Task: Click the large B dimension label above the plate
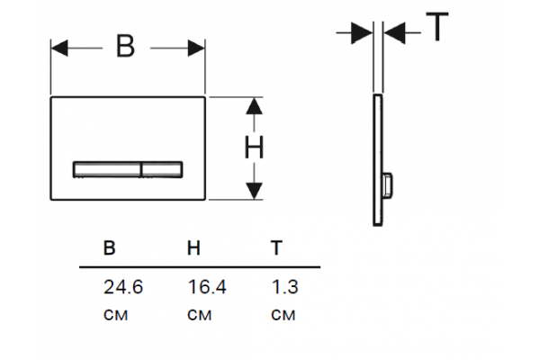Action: pos(125,46)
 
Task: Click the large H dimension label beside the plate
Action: pos(254,148)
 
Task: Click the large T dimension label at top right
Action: pos(437,27)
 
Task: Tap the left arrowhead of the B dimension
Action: pos(59,48)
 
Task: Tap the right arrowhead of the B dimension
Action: pos(196,48)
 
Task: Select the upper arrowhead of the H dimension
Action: pos(254,106)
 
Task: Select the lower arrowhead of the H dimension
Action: pos(254,191)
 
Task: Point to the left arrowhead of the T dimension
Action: pos(362,33)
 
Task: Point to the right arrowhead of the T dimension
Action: pos(395,33)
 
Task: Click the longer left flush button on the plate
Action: pos(107,169)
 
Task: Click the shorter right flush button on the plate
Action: pos(162,169)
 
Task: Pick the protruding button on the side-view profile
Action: pos(388,185)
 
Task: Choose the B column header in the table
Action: pos(109,247)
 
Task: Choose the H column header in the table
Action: pos(193,247)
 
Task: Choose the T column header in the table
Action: pos(276,247)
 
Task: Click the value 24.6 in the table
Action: pos(123,287)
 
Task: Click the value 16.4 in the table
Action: pos(207,287)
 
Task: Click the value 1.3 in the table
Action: pos(284,287)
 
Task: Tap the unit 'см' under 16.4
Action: pos(200,315)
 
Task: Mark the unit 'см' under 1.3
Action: pos(283,315)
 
